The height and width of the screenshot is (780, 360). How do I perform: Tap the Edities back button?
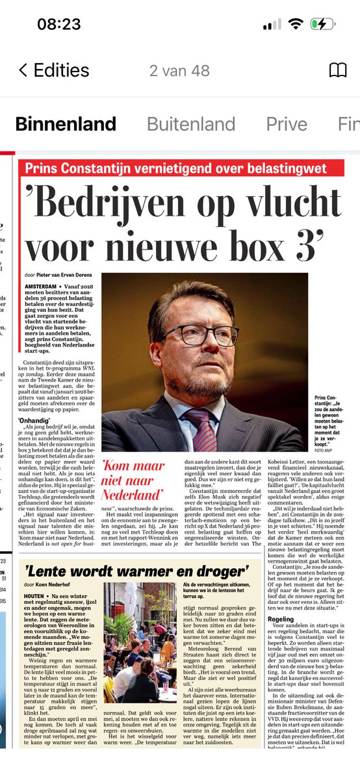point(52,70)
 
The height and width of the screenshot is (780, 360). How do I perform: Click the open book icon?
point(338,70)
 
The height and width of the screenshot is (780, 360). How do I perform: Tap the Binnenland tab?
point(66,123)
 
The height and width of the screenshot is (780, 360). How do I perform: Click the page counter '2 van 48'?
point(179,70)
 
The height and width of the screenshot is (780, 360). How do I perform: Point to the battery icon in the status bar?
point(324,24)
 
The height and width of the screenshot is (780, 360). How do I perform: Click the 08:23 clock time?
point(58,24)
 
